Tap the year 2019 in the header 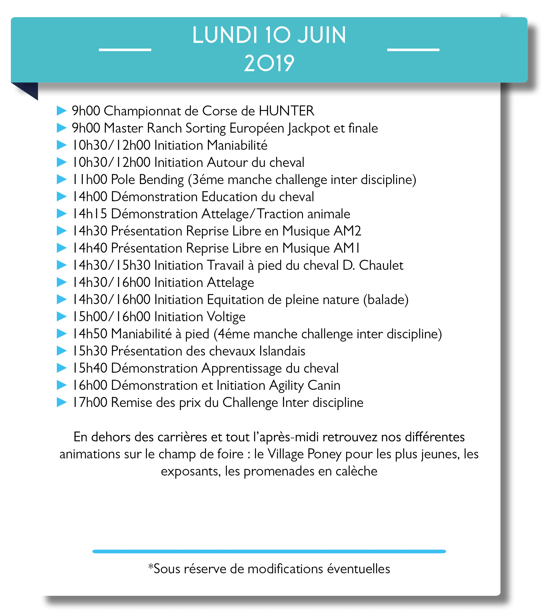269,63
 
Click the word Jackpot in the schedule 309,128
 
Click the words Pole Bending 147,179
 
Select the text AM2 347,231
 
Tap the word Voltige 226,317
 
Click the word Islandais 282,351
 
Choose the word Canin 324,386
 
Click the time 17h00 90,403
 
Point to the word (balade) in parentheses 386,300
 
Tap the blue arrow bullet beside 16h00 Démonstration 62,385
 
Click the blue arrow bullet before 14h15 62,214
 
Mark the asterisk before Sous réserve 150,567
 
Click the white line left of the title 125,49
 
